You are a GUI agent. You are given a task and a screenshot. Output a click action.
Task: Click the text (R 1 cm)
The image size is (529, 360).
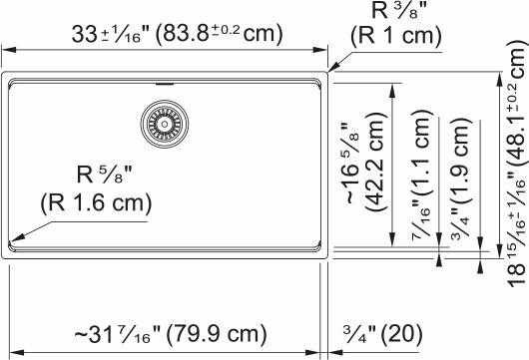394,38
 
